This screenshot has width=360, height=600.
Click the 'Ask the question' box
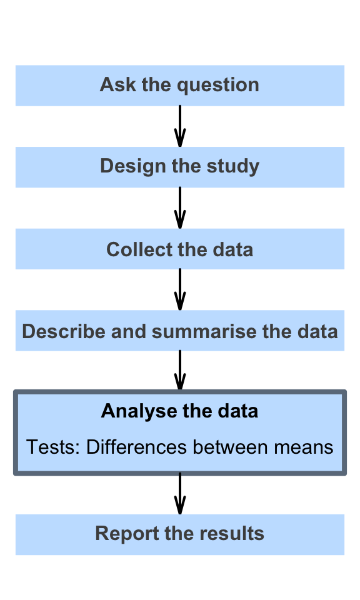coord(180,86)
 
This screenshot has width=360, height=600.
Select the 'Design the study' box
coord(180,167)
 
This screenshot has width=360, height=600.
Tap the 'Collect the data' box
coord(180,249)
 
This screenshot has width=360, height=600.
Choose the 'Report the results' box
coord(180,534)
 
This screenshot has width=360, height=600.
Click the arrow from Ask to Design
coord(180,126)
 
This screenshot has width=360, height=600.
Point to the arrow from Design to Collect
coord(180,207)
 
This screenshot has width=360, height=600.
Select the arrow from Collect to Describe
coord(180,289)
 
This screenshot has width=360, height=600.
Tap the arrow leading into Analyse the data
coord(180,371)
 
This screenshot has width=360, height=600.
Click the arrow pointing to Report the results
coord(180,494)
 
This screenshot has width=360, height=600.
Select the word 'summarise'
coord(204,331)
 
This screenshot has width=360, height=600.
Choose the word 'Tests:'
coord(53,447)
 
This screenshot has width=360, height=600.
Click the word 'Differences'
coord(137,447)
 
